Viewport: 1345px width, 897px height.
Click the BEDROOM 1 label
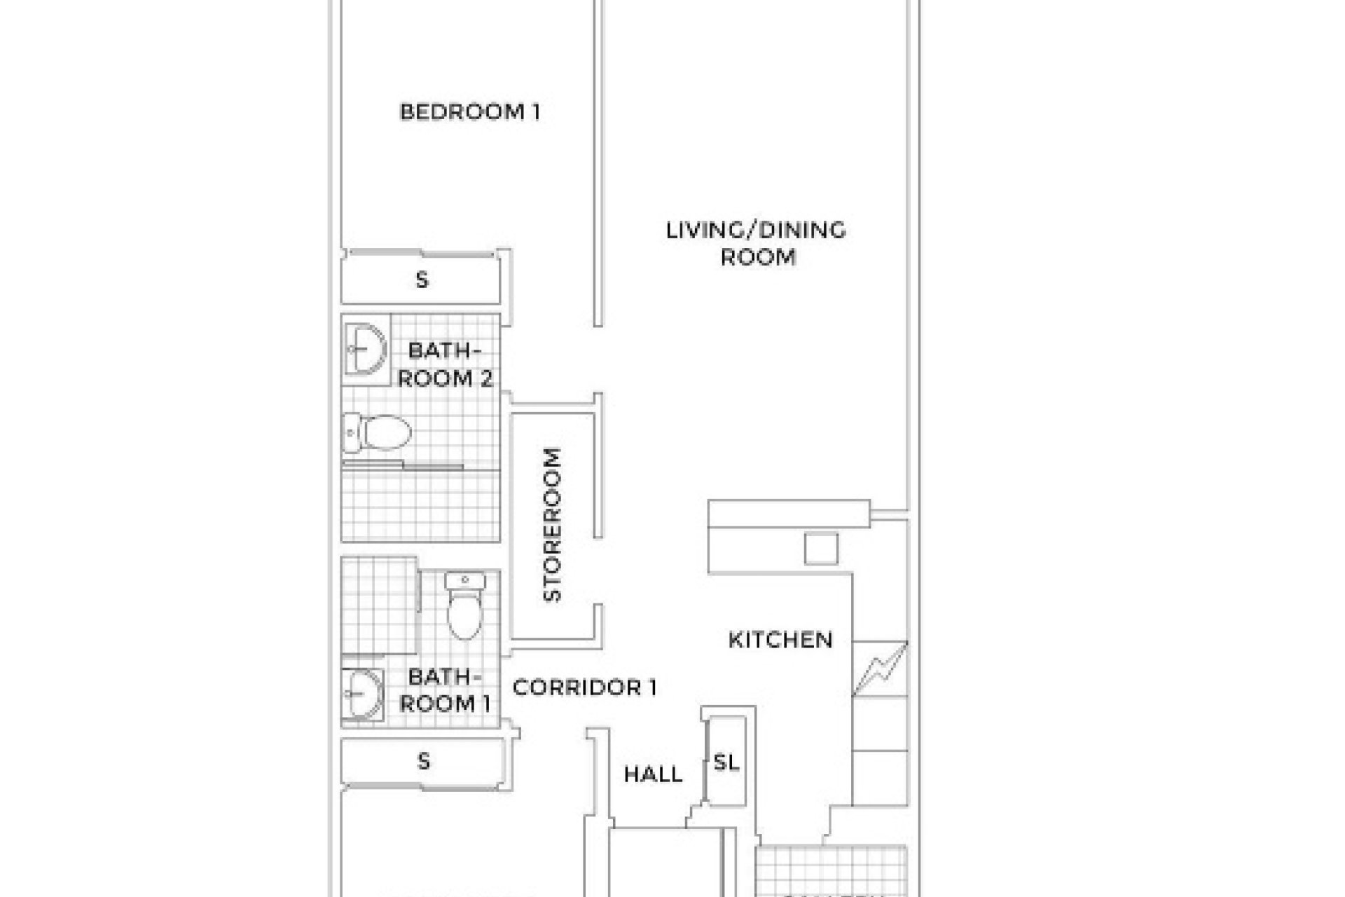(469, 112)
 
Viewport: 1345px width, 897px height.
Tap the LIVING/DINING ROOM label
(756, 243)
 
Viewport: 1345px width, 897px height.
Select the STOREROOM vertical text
(553, 525)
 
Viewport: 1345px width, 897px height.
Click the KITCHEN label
(780, 640)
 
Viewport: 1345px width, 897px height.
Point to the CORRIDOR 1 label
(584, 687)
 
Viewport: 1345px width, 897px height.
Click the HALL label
(653, 774)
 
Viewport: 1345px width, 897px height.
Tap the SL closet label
(726, 762)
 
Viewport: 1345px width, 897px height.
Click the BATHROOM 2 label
(444, 364)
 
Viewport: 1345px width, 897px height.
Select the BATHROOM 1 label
(444, 690)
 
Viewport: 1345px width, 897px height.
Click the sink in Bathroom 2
(366, 349)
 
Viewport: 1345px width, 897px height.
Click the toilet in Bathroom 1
(464, 606)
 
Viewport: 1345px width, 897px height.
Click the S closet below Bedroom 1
(421, 280)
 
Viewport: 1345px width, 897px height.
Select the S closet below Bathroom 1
(423, 761)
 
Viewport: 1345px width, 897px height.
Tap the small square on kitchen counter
(820, 549)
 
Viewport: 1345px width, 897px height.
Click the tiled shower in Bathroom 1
(378, 606)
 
